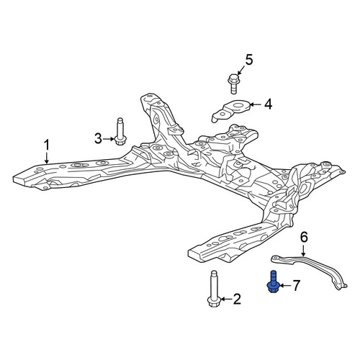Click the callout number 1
[x=47, y=145]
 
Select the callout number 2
[x=237, y=299]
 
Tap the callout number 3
[x=98, y=139]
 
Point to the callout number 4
[x=268, y=104]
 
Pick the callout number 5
[x=249, y=60]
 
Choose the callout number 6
[x=304, y=237]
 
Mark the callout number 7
[x=296, y=285]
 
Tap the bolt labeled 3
[x=120, y=131]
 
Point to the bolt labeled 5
[x=233, y=84]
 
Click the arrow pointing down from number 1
[x=47, y=158]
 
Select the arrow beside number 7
[x=285, y=285]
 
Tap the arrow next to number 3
[x=109, y=139]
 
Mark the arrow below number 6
[x=303, y=251]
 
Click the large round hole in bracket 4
[x=238, y=105]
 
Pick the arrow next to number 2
[x=226, y=299]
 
